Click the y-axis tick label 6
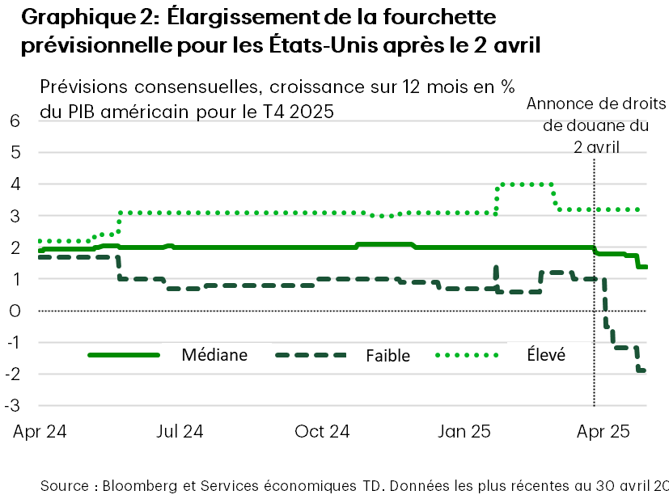point(15,121)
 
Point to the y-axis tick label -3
point(13,405)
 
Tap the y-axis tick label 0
point(15,311)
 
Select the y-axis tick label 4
point(15,184)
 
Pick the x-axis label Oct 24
point(323,431)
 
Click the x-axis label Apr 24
point(40,431)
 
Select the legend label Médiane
point(214,354)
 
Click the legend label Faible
point(387,355)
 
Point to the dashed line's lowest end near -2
point(641,370)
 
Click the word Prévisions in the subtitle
point(77,86)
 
